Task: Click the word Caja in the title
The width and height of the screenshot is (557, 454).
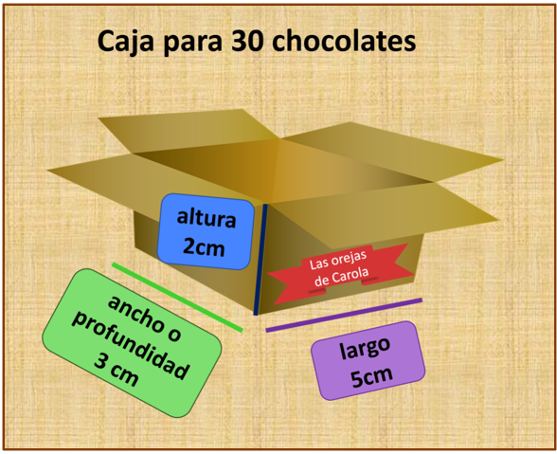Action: click(x=125, y=42)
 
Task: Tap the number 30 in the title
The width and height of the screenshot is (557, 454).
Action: click(x=247, y=41)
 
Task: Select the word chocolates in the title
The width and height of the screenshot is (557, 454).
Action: click(x=344, y=41)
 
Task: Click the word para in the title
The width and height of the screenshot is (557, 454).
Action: click(x=192, y=44)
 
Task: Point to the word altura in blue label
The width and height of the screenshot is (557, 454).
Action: click(x=207, y=218)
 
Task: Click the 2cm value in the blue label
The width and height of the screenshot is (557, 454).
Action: click(x=204, y=246)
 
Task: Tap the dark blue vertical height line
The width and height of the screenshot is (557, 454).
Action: click(x=261, y=260)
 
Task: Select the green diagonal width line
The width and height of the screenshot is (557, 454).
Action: click(x=177, y=298)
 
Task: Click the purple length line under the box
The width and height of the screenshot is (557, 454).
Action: click(x=344, y=316)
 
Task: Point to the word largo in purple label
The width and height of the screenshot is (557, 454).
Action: click(x=365, y=348)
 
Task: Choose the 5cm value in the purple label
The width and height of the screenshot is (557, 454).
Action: click(x=371, y=376)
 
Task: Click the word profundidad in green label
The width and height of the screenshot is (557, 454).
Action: click(x=130, y=346)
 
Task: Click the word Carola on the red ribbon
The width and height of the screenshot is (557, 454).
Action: click(x=350, y=275)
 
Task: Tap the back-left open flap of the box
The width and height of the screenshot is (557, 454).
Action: click(x=189, y=131)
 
